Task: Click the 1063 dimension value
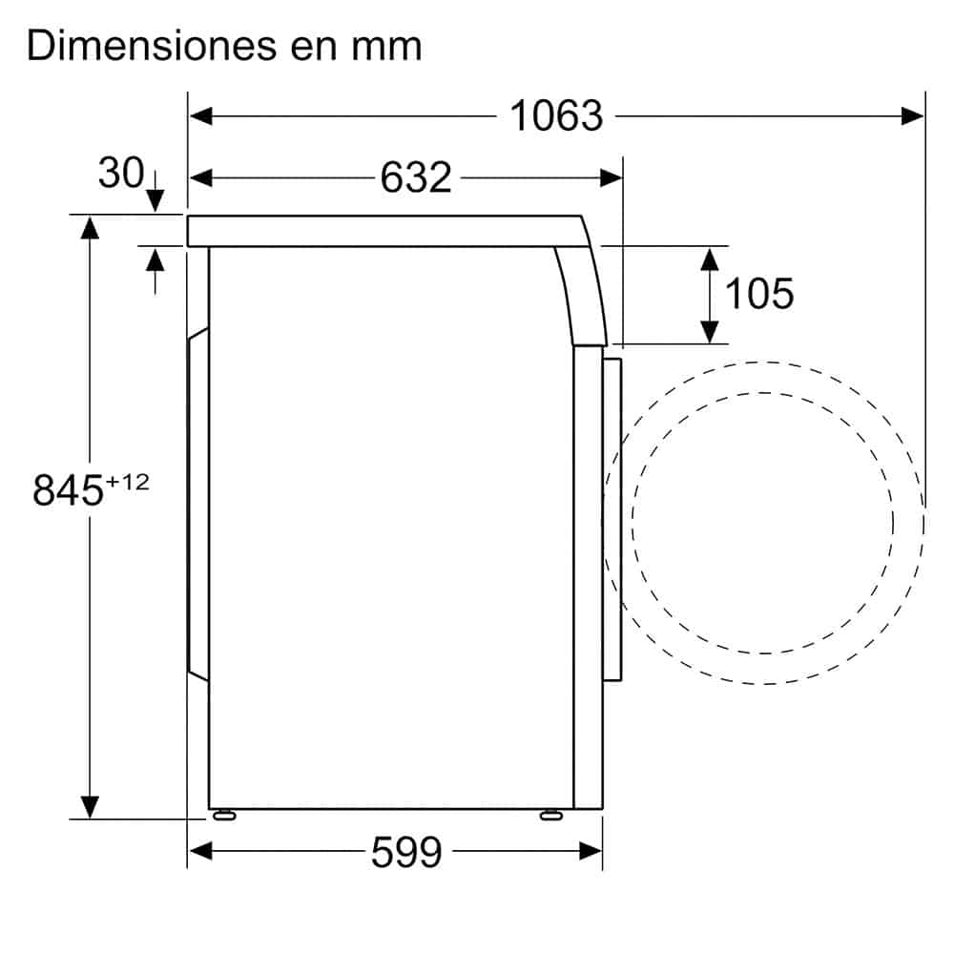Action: (x=556, y=115)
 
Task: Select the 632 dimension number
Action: (x=416, y=177)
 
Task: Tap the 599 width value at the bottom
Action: (x=405, y=852)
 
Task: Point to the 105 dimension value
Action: (x=759, y=293)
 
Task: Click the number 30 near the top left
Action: (x=121, y=173)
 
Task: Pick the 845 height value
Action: (x=68, y=490)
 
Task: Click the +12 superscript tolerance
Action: (x=128, y=483)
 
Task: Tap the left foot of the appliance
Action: (x=224, y=816)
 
